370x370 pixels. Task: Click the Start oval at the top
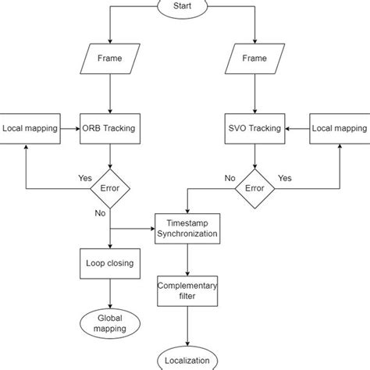185,6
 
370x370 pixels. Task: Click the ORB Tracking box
110,127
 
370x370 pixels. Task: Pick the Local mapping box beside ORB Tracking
30,127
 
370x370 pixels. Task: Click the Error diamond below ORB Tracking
110,188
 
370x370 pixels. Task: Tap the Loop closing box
110,263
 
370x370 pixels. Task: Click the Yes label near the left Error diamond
85,177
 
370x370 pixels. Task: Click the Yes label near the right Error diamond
284,177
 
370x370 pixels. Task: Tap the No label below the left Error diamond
101,212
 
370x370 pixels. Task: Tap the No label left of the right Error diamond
229,177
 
